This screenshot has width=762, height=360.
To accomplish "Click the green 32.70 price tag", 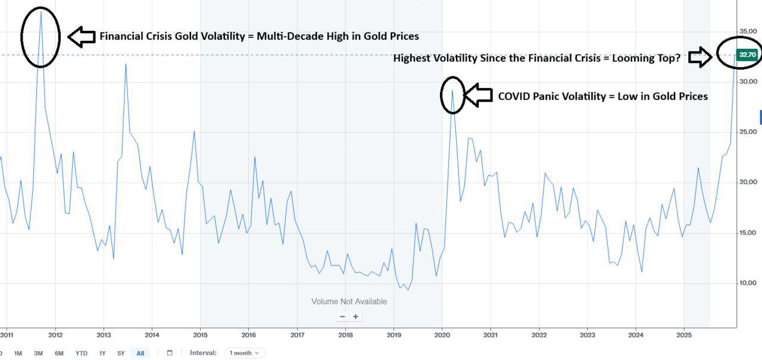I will tap(747, 55).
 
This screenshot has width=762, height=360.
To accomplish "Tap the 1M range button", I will tap(18, 353).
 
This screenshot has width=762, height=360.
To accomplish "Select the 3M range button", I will tap(38, 353).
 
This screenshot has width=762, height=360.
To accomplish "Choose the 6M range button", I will tap(59, 353).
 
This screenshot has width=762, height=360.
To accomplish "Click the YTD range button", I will tap(81, 353).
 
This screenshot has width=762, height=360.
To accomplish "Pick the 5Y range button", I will tap(121, 353).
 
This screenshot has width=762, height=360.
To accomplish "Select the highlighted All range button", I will tap(140, 353).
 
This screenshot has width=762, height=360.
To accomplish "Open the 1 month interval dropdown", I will tap(245, 353).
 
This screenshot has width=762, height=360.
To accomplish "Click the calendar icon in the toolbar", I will tap(169, 353).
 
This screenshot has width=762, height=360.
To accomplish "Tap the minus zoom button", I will tap(342, 317).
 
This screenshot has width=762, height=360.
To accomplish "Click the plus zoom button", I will tap(356, 317).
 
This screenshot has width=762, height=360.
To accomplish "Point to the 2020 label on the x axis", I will tap(442, 335).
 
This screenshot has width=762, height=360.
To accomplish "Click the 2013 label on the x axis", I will tap(104, 335).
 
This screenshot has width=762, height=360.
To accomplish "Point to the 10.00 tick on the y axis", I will tap(748, 283).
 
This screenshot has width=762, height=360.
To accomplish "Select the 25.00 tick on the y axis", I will tap(748, 132).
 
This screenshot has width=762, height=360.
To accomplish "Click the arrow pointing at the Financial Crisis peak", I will tap(82, 36).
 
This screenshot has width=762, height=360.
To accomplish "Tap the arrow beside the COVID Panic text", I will tap(478, 95).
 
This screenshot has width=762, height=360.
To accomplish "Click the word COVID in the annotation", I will tap(516, 96).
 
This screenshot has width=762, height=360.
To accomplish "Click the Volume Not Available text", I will tap(349, 302).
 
